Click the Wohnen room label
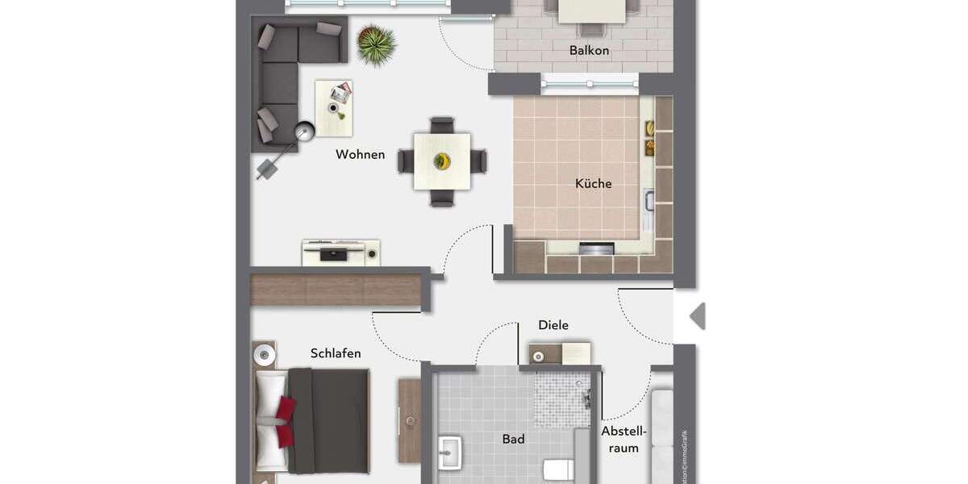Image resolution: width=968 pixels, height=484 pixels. click(x=360, y=154)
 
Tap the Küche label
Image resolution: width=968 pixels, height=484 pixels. click(x=593, y=183)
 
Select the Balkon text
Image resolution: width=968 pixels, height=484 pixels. click(x=589, y=50)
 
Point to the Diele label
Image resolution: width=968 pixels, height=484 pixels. click(x=553, y=325)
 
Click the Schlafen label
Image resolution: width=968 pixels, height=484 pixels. click(x=336, y=353)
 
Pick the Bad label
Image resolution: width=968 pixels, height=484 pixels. click(x=513, y=439)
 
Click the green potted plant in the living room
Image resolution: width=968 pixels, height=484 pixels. click(x=376, y=44)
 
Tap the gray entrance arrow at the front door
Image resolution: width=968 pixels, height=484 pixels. click(x=698, y=316)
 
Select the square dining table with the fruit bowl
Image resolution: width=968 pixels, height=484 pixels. click(x=441, y=161)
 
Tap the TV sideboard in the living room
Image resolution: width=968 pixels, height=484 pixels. click(x=340, y=252)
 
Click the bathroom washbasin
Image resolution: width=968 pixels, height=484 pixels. click(x=449, y=453)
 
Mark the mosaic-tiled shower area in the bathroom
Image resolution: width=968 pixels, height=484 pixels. click(x=562, y=399)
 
